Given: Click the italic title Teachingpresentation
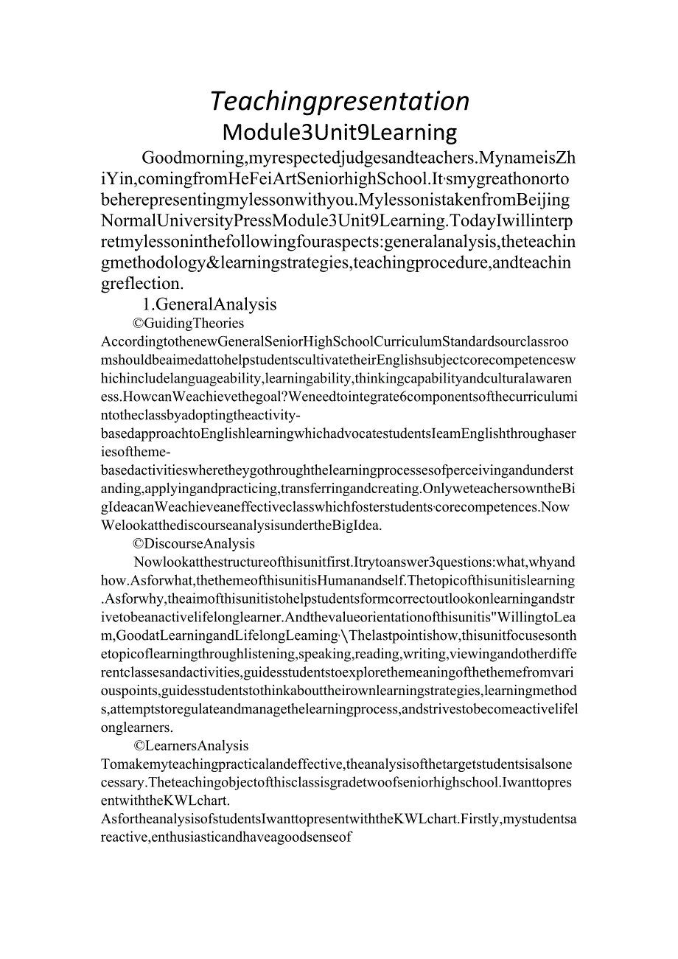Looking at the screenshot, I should [340, 101].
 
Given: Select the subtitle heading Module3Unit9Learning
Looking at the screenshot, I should [340, 132].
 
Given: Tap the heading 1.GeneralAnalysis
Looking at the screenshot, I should [209, 304].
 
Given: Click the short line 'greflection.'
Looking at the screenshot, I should [141, 283].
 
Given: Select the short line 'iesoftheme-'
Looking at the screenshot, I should [133, 452].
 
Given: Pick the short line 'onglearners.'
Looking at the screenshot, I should [136, 727].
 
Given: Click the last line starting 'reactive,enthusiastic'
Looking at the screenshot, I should [228, 837].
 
